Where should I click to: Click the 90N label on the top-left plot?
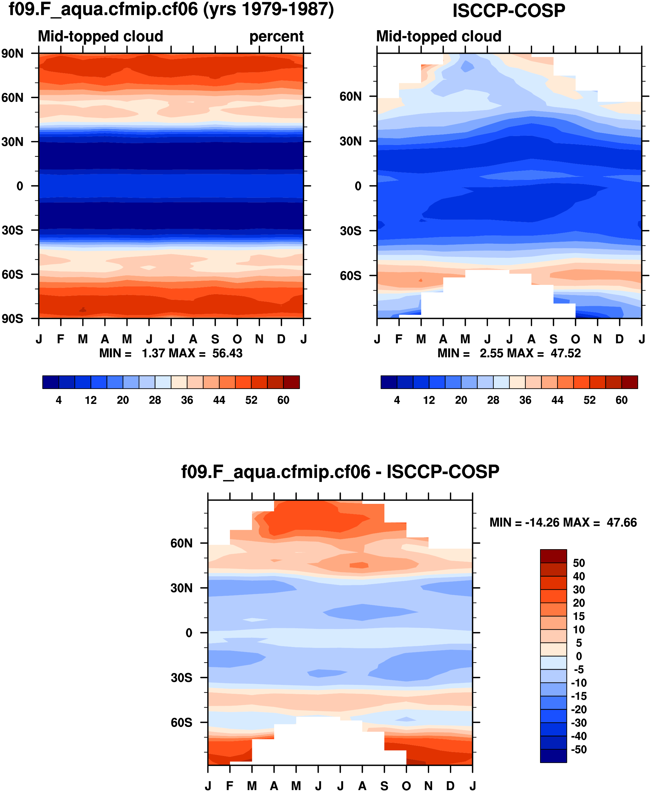tap(12, 54)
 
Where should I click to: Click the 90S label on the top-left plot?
tap(12, 319)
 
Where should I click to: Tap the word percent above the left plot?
tap(276, 36)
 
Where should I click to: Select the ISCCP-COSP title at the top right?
tap(508, 10)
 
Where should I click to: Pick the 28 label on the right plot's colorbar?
tap(493, 400)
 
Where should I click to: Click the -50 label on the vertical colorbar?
tap(579, 750)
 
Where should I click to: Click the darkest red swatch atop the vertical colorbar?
tap(553, 556)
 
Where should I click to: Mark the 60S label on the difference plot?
tap(182, 722)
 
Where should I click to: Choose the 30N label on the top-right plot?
tap(351, 141)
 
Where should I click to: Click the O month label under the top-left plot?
tap(237, 339)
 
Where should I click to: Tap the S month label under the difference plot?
tap(384, 786)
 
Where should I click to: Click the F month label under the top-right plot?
tap(399, 339)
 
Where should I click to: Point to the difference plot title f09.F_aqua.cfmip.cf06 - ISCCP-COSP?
tap(340, 472)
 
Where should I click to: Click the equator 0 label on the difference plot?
tap(189, 633)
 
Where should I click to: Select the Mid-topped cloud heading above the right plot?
tap(439, 36)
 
